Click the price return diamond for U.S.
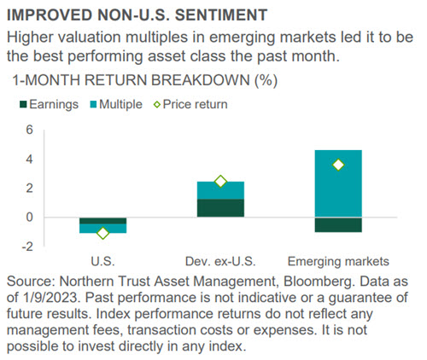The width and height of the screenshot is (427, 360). [102, 233]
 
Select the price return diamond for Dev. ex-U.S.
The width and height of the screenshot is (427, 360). [220, 182]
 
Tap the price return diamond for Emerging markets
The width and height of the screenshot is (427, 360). [338, 165]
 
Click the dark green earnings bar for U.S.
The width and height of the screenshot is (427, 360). [102, 221]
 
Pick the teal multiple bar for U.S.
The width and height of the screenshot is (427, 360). [102, 229]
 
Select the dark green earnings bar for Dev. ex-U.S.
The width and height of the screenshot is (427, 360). [220, 208]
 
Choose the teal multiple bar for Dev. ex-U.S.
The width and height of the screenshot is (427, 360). [220, 190]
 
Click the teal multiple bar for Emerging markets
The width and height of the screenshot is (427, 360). [338, 183]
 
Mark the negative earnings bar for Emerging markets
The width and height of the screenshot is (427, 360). [338, 225]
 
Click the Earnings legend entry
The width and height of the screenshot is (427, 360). [49, 104]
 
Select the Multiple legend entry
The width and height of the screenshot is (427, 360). [116, 104]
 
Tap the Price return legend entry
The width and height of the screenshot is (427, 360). [190, 104]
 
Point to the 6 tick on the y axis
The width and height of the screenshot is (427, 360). [30, 131]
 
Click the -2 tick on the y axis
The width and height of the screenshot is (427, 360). [27, 247]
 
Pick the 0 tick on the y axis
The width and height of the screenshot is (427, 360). [30, 218]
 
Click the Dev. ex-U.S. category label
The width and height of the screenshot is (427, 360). [220, 261]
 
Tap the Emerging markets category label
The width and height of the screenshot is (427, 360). [338, 262]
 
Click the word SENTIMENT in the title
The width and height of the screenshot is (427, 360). [221, 15]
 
